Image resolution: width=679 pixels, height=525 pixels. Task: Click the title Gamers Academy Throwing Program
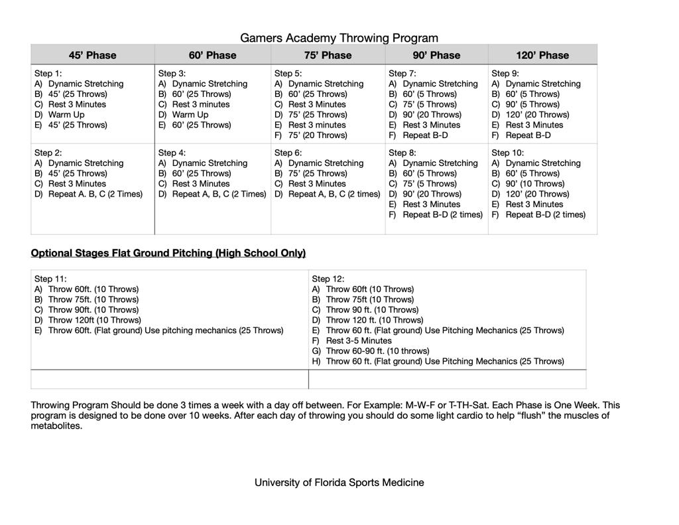pos(339,38)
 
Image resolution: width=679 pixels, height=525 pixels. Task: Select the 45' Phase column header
pos(92,55)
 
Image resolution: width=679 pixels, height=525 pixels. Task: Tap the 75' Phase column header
pos(328,55)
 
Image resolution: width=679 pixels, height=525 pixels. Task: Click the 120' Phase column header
pos(542,55)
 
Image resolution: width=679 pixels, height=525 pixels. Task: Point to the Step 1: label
pos(48,73)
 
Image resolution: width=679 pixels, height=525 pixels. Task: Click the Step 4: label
pos(172,153)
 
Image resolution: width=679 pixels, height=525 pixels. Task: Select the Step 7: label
pos(402,73)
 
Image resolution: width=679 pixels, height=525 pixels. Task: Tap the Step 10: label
pos(507,153)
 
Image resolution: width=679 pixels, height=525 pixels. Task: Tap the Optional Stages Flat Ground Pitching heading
pos(168,253)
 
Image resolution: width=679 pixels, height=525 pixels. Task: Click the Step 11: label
pos(50,279)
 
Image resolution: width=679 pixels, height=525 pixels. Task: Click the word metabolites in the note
pos(56,426)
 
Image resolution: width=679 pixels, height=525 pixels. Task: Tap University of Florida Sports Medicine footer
pos(339,483)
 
